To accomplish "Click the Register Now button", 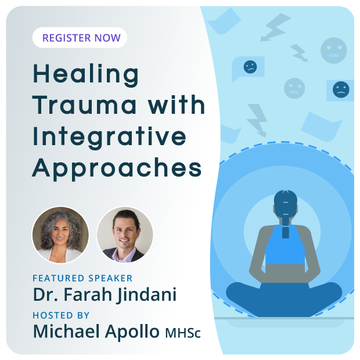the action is click(x=80, y=38).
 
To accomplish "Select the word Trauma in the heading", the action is click(x=85, y=105).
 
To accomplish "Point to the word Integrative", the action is click(x=109, y=138).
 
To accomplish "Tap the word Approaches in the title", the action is click(x=117, y=169).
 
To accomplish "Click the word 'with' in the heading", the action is click(x=176, y=105).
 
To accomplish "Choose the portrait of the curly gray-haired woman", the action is click(x=60, y=235).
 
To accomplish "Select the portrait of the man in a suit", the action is click(x=125, y=235).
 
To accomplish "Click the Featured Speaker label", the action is click(x=82, y=278).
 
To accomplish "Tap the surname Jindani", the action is click(x=146, y=295).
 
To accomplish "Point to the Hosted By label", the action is click(x=61, y=315).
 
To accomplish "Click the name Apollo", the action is click(x=132, y=332).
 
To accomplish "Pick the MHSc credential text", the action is click(x=183, y=333).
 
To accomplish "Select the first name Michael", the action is click(x=66, y=331).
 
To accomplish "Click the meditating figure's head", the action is click(x=285, y=204).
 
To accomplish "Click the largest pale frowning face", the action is click(x=334, y=51).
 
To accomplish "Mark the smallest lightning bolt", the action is click(x=298, y=53).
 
